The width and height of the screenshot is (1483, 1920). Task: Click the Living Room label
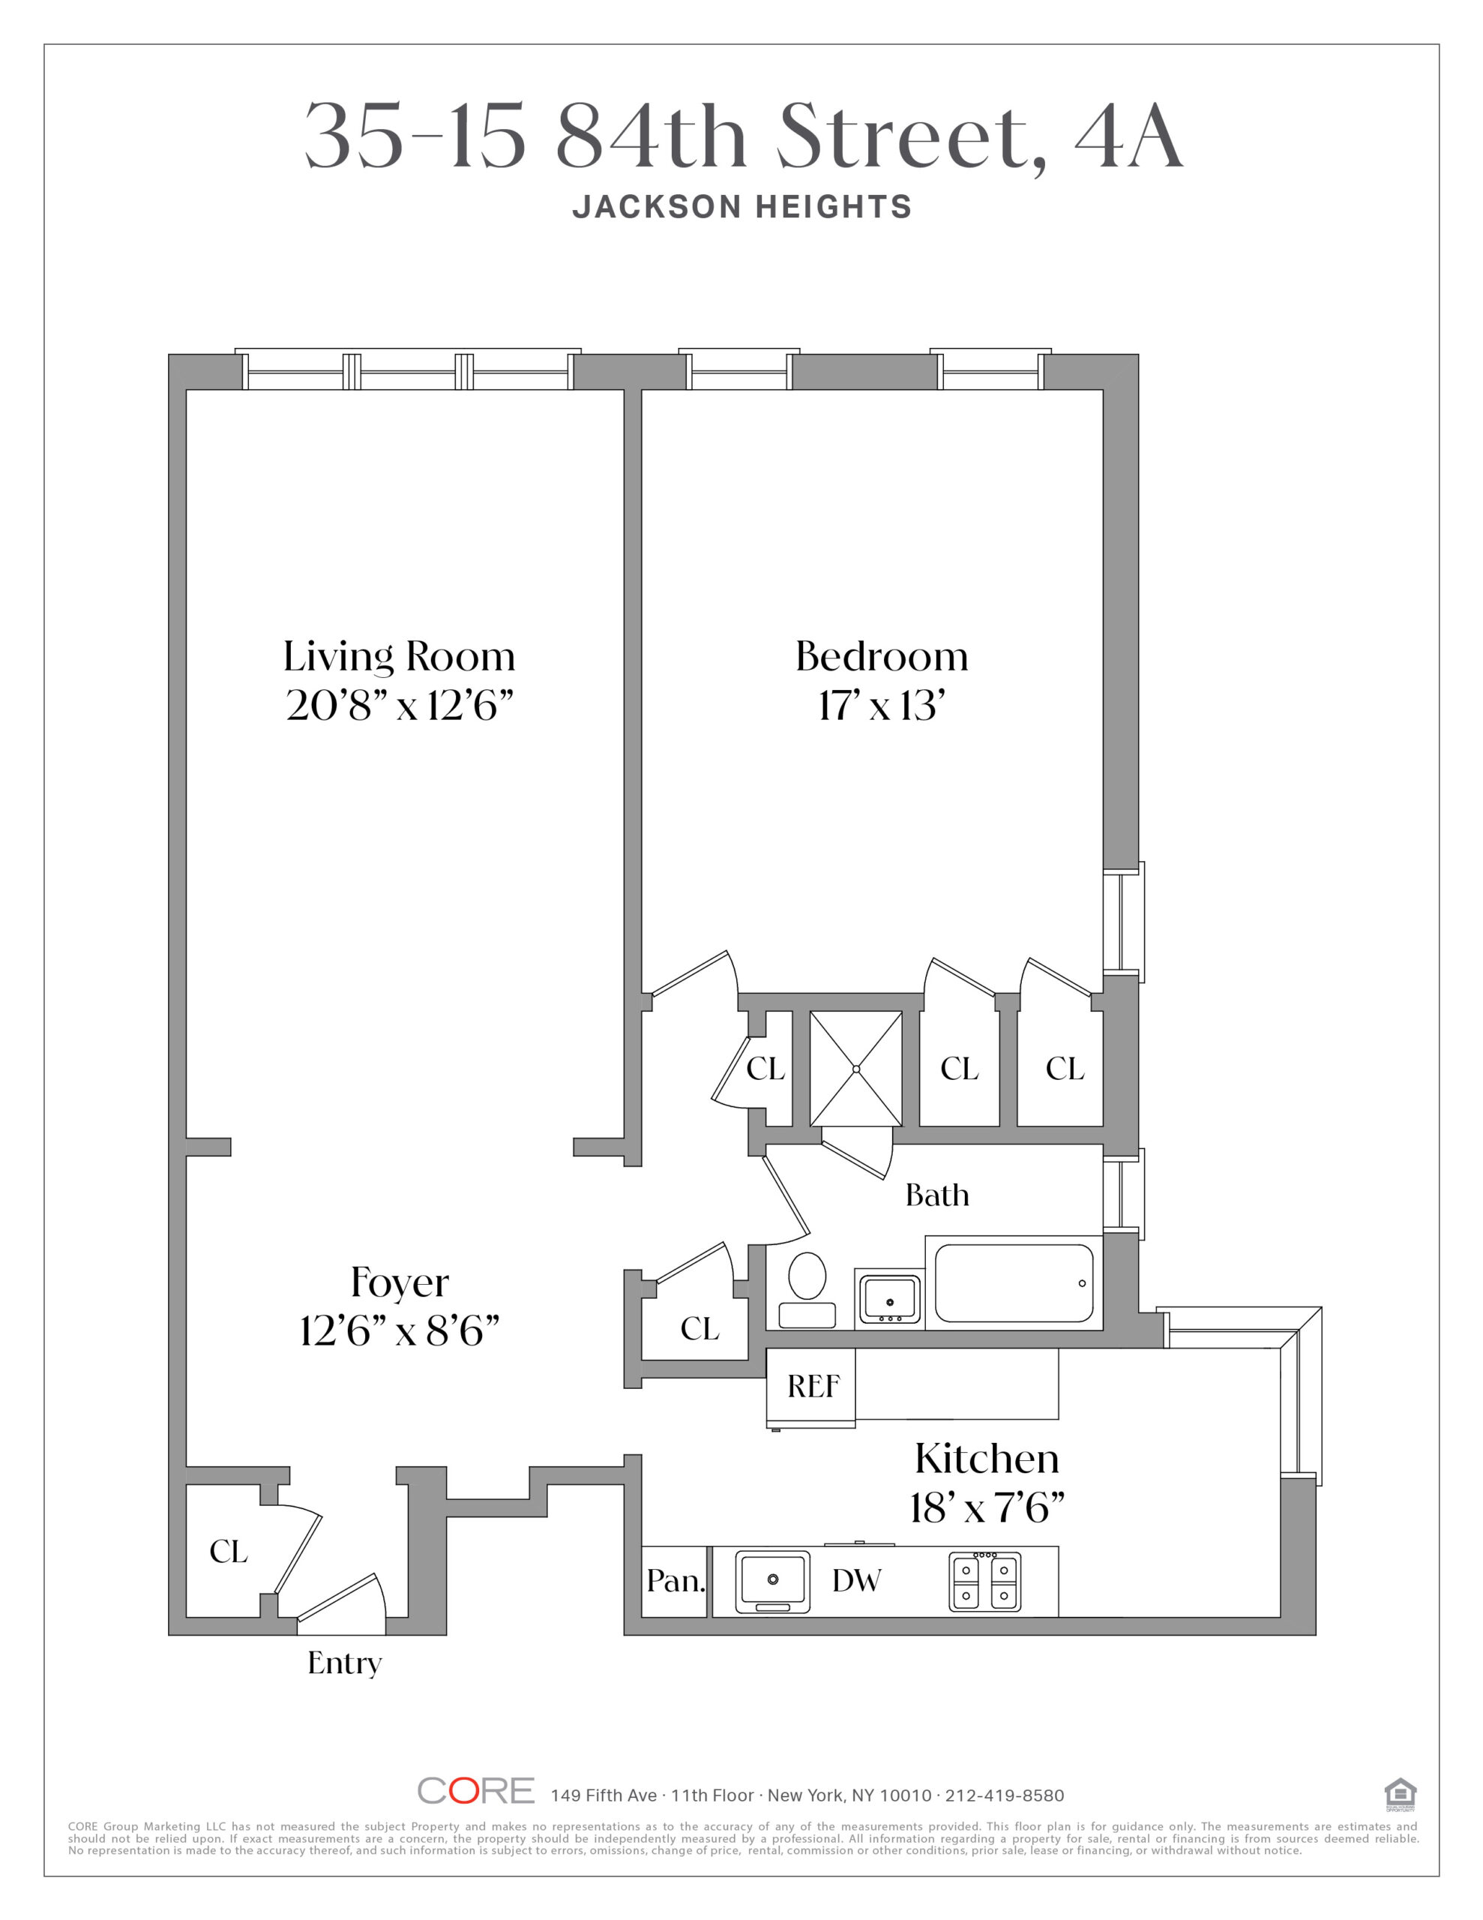pos(399,657)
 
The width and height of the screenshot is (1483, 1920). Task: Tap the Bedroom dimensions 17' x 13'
pos(882,706)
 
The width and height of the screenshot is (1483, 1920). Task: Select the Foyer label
pos(400,1282)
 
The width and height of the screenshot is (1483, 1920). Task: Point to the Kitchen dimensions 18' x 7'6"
pos(987,1507)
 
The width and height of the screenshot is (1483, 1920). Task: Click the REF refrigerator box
pos(810,1387)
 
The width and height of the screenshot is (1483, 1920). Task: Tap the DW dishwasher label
pos(856,1581)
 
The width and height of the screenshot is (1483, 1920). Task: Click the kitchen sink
pos(771,1582)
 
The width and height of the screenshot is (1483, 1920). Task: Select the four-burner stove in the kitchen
pos(984,1582)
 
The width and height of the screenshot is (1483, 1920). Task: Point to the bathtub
pos(1014,1282)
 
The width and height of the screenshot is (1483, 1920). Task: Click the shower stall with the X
pos(855,1069)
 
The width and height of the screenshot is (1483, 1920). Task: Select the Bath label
pos(937,1195)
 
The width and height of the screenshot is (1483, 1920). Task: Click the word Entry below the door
pos(345,1664)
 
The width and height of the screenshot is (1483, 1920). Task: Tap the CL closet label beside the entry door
pos(229,1552)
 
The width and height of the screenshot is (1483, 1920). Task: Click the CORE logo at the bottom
pos(475,1791)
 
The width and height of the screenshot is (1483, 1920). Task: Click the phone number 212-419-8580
pos(1005,1795)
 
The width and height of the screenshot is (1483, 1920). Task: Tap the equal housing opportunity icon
pos(1401,1794)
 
